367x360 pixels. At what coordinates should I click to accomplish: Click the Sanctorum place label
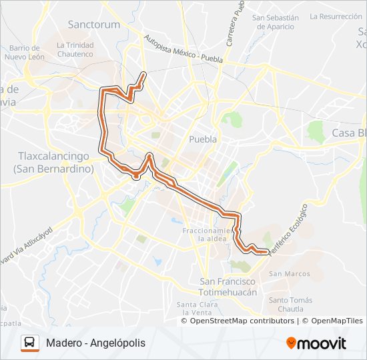pyautogui.click(x=94, y=25)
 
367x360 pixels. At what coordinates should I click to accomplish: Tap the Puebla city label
pyautogui.click(x=203, y=139)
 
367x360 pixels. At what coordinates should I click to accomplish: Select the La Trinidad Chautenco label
pyautogui.click(x=75, y=49)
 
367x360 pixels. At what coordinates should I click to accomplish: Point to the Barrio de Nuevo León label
pyautogui.click(x=25, y=52)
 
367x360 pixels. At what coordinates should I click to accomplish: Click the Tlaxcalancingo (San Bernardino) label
pyautogui.click(x=52, y=162)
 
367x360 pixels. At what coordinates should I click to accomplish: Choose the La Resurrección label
pyautogui.click(x=336, y=16)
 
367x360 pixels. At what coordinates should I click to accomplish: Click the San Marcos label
pyautogui.click(x=289, y=274)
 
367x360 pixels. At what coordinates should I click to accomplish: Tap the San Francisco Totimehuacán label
pyautogui.click(x=229, y=287)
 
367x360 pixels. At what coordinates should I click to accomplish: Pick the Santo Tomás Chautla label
pyautogui.click(x=290, y=305)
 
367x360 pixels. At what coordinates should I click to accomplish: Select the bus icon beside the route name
pyautogui.click(x=30, y=343)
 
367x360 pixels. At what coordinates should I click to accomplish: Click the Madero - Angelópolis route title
pyautogui.click(x=95, y=343)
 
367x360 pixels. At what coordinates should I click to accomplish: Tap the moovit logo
pyautogui.click(x=316, y=343)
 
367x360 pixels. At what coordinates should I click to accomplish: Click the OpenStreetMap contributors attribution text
pyautogui.click(x=242, y=321)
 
